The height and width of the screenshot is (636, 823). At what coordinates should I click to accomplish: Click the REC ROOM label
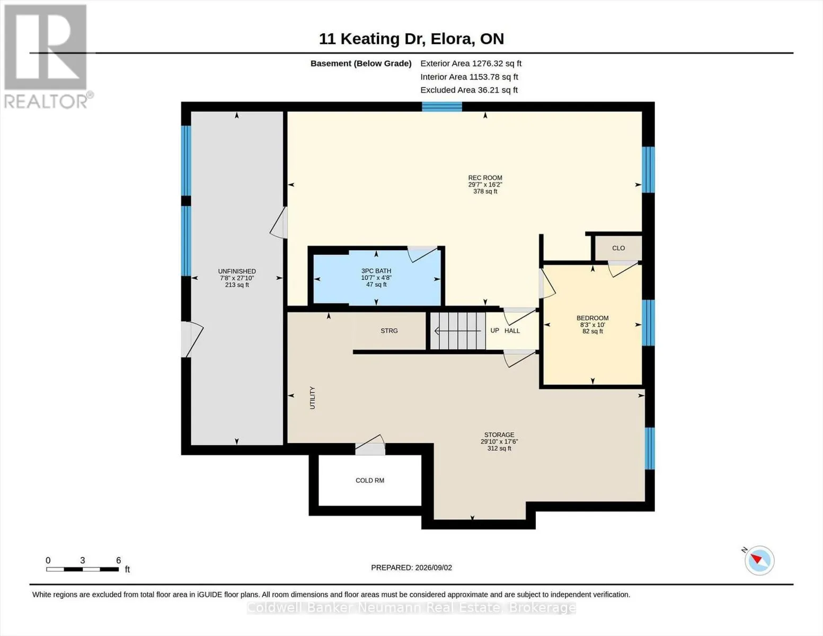485,178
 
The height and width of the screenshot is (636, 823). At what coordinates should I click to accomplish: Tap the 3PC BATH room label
376,271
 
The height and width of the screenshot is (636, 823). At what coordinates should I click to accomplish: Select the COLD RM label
370,480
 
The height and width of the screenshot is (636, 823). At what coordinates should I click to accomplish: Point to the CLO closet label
618,248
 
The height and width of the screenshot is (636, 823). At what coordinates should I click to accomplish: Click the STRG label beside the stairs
389,331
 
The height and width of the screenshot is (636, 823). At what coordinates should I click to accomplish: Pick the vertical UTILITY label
313,397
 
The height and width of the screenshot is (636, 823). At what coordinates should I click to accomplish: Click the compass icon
759,561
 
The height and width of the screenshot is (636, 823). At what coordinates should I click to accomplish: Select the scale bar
83,569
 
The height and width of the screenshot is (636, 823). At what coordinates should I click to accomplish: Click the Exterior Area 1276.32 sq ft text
471,64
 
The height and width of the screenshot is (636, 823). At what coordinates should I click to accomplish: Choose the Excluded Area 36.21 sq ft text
469,90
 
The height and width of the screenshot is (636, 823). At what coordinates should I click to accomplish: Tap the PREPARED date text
411,568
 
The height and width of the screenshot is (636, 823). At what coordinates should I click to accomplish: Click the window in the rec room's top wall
442,107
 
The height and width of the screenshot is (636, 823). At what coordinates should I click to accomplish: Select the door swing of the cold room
370,445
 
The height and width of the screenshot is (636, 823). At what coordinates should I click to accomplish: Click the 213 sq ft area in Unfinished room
237,285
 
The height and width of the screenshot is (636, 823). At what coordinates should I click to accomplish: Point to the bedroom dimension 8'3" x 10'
592,325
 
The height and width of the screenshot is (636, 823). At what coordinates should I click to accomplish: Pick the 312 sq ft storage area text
499,448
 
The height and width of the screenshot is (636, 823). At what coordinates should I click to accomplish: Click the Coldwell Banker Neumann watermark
411,608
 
